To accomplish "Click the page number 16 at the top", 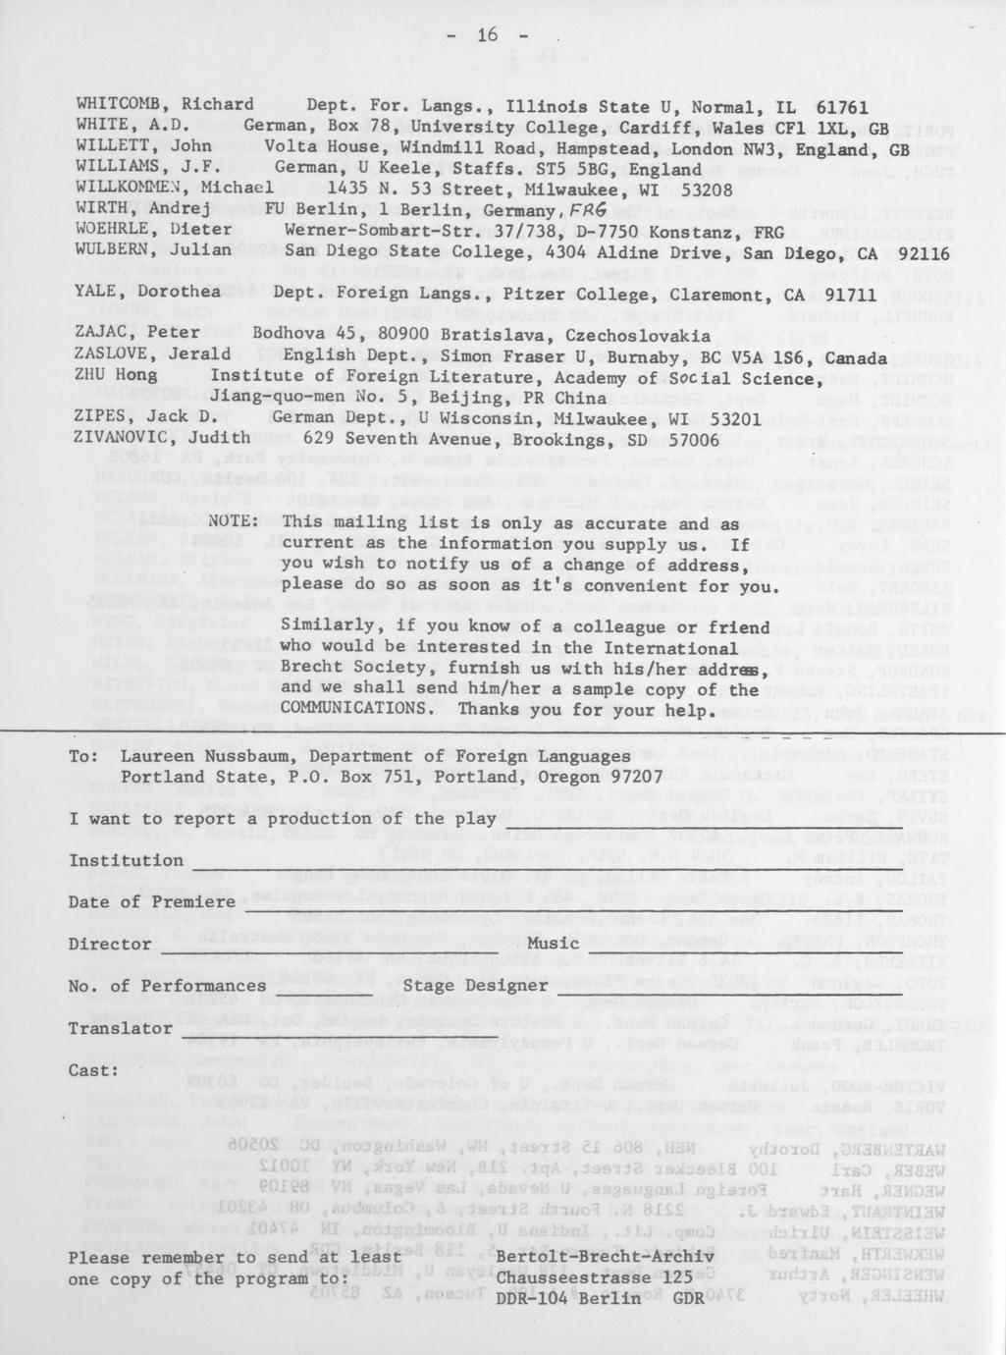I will pyautogui.click(x=488, y=36).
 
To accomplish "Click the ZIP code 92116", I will pyautogui.click(x=918, y=250).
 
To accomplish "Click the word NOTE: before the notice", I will pyautogui.click(x=233, y=521).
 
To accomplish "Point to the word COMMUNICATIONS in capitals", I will pyautogui.click(x=353, y=708).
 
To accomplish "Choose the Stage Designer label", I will pyautogui.click(x=475, y=985).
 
